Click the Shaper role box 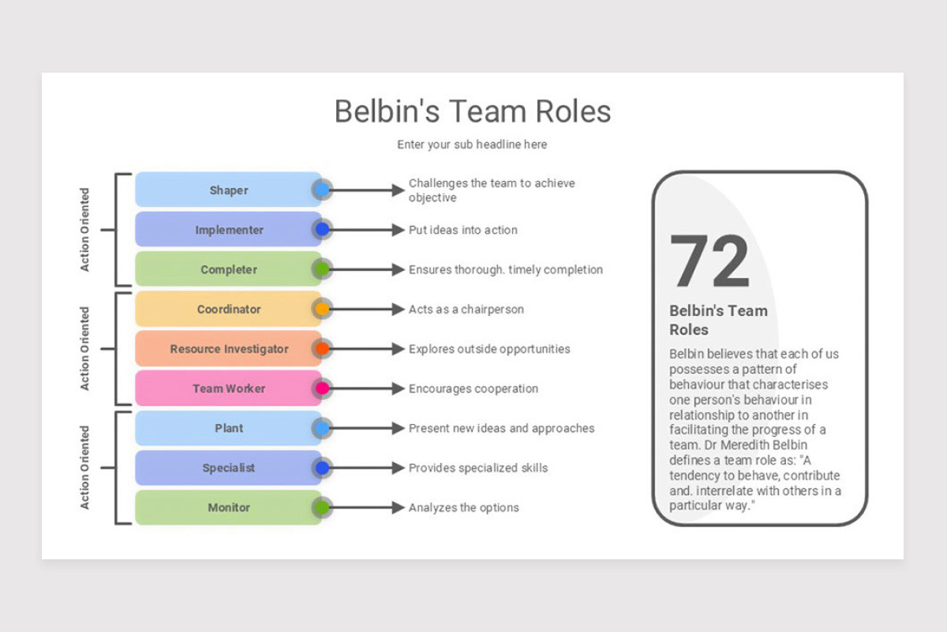(229, 190)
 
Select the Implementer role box (229, 230)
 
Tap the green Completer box (229, 269)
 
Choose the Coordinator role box (229, 309)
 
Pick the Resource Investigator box (229, 348)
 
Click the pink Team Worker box (229, 389)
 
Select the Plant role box (229, 428)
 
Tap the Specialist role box (229, 468)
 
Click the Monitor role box (229, 507)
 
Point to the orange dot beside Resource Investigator (322, 348)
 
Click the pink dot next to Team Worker (322, 389)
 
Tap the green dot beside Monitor (322, 507)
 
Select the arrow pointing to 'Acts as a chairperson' (367, 309)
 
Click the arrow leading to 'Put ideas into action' (367, 230)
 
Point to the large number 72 (709, 261)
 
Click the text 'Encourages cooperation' (473, 389)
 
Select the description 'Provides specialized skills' (478, 468)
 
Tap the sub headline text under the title (472, 145)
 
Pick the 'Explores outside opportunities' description (489, 348)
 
